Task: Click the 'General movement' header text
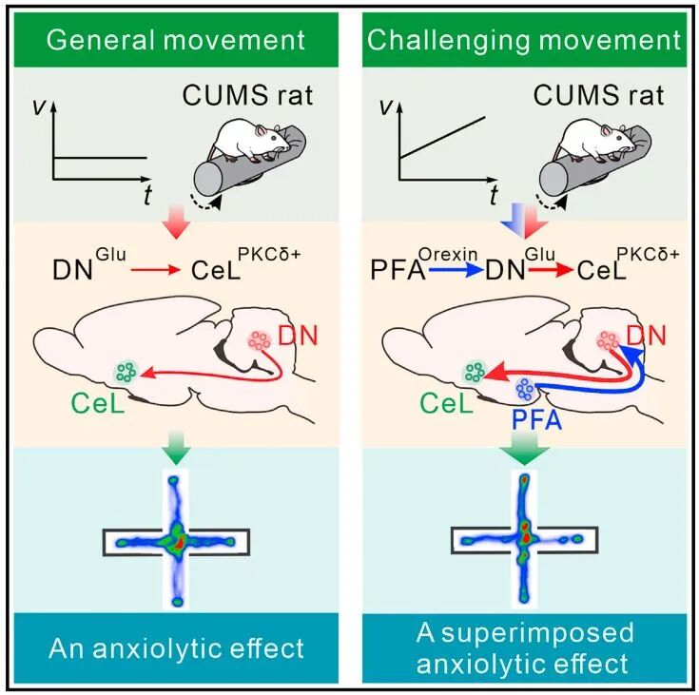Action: pyautogui.click(x=176, y=40)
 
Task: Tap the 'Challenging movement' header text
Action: pyautogui.click(x=524, y=40)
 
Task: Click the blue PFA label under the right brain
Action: pyautogui.click(x=536, y=419)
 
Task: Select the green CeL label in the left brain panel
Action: pyautogui.click(x=98, y=403)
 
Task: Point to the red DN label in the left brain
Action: pyautogui.click(x=298, y=336)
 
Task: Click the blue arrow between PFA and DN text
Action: pyautogui.click(x=456, y=270)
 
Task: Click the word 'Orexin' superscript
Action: pyautogui.click(x=448, y=254)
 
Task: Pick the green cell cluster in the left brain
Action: pyautogui.click(x=126, y=372)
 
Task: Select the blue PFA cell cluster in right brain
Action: pyautogui.click(x=525, y=390)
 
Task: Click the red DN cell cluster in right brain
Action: pyautogui.click(x=608, y=340)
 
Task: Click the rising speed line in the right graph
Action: pyautogui.click(x=442, y=137)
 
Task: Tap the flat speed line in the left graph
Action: pyautogui.click(x=100, y=158)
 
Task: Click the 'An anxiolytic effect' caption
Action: pyautogui.click(x=177, y=648)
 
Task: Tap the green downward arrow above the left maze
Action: pyautogui.click(x=176, y=447)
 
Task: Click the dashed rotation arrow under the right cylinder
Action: pyautogui.click(x=552, y=203)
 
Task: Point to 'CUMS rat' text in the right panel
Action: pyautogui.click(x=599, y=95)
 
